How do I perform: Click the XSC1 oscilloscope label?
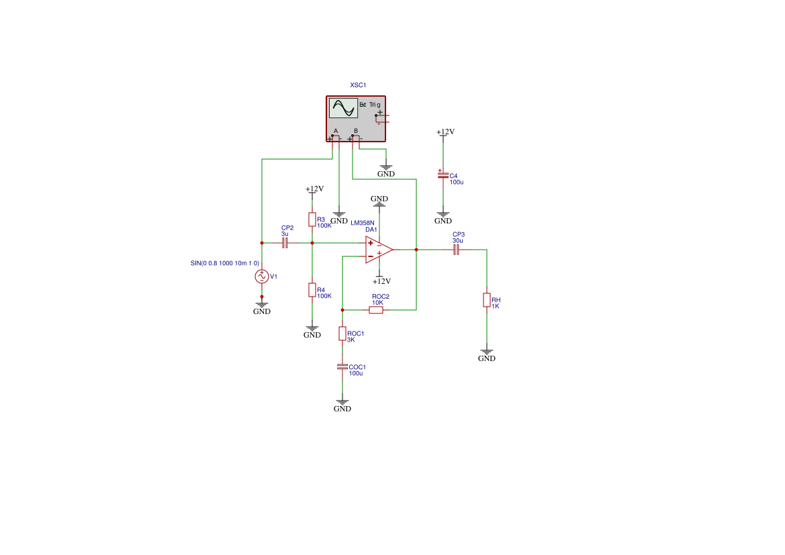[358, 85]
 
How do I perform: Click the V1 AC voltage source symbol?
[262, 276]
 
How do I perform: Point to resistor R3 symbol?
[312, 219]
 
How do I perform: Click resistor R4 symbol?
[312, 290]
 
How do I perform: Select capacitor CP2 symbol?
[285, 243]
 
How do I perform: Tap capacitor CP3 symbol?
[457, 250]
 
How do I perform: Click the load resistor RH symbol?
[487, 300]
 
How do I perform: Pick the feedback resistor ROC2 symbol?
[376, 310]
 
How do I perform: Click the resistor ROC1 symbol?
[342, 334]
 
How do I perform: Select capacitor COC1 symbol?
[342, 367]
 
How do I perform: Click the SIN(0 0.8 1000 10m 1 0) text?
[224, 263]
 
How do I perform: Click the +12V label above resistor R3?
[314, 189]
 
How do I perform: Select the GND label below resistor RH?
[487, 358]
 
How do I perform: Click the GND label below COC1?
[342, 409]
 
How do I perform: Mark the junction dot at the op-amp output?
[416, 250]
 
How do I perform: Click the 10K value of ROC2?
[377, 303]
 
